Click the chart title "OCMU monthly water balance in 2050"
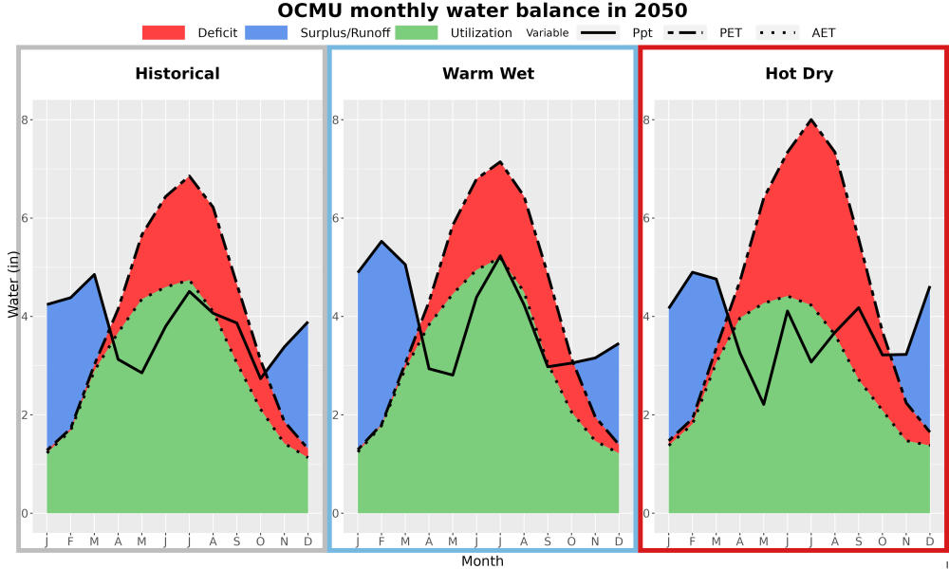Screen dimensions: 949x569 point(482,10)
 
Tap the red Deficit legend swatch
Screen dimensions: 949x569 point(163,32)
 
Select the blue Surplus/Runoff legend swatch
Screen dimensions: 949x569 point(267,32)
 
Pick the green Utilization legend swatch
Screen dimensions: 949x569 point(417,32)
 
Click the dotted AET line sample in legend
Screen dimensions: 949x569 point(778,32)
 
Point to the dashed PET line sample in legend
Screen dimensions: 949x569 point(685,32)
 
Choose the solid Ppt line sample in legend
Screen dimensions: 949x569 point(597,32)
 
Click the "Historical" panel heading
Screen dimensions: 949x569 point(177,74)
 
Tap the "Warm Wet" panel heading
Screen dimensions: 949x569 point(489,74)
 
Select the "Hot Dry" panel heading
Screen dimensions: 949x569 point(799,74)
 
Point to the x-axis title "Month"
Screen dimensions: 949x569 point(482,561)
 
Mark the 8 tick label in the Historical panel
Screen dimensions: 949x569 point(25,119)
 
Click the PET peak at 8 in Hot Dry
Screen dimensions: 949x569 point(811,119)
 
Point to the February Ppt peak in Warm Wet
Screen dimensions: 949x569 point(381,241)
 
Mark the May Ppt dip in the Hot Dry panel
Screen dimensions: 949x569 point(764,404)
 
